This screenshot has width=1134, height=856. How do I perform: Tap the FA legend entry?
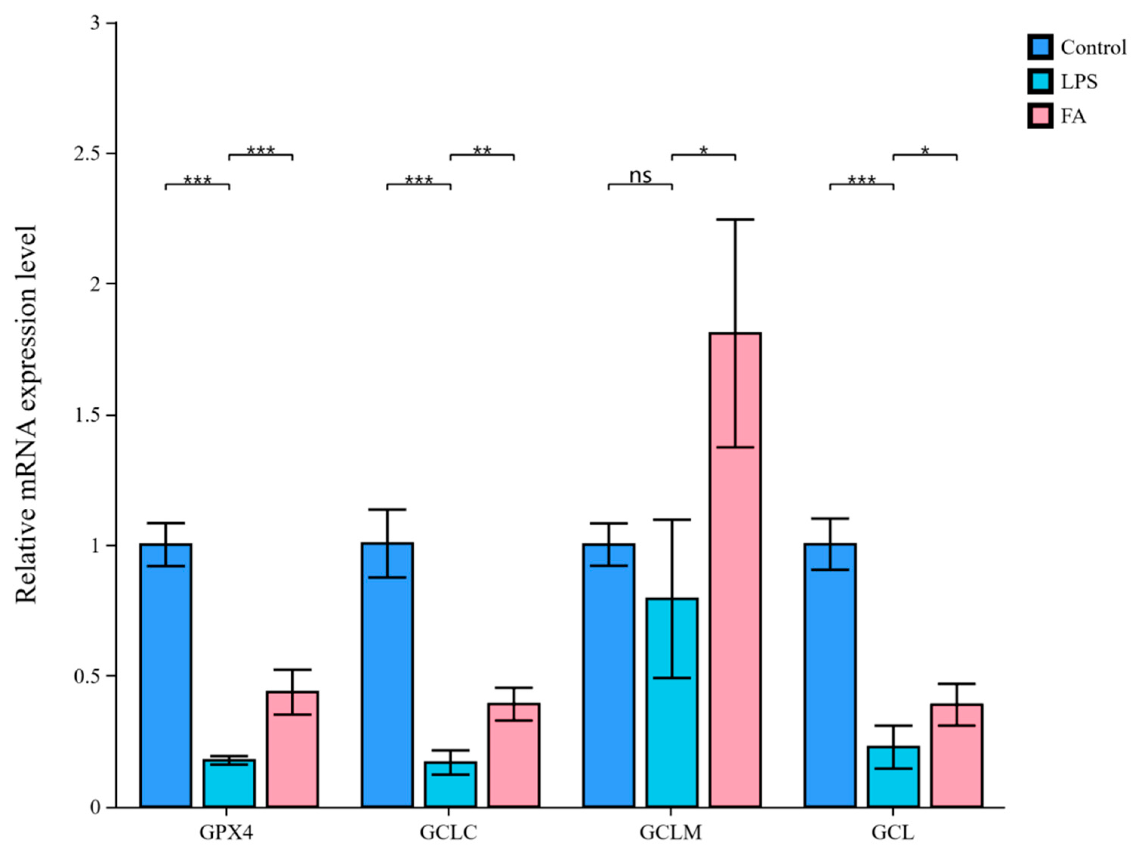pyautogui.click(x=1073, y=116)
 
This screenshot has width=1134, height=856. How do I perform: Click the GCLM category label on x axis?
pyautogui.click(x=671, y=833)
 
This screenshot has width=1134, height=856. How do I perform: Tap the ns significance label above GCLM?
pyautogui.click(x=640, y=176)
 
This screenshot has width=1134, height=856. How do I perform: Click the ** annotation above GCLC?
pyautogui.click(x=482, y=151)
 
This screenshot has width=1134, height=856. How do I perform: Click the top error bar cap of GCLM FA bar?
pyautogui.click(x=735, y=220)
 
